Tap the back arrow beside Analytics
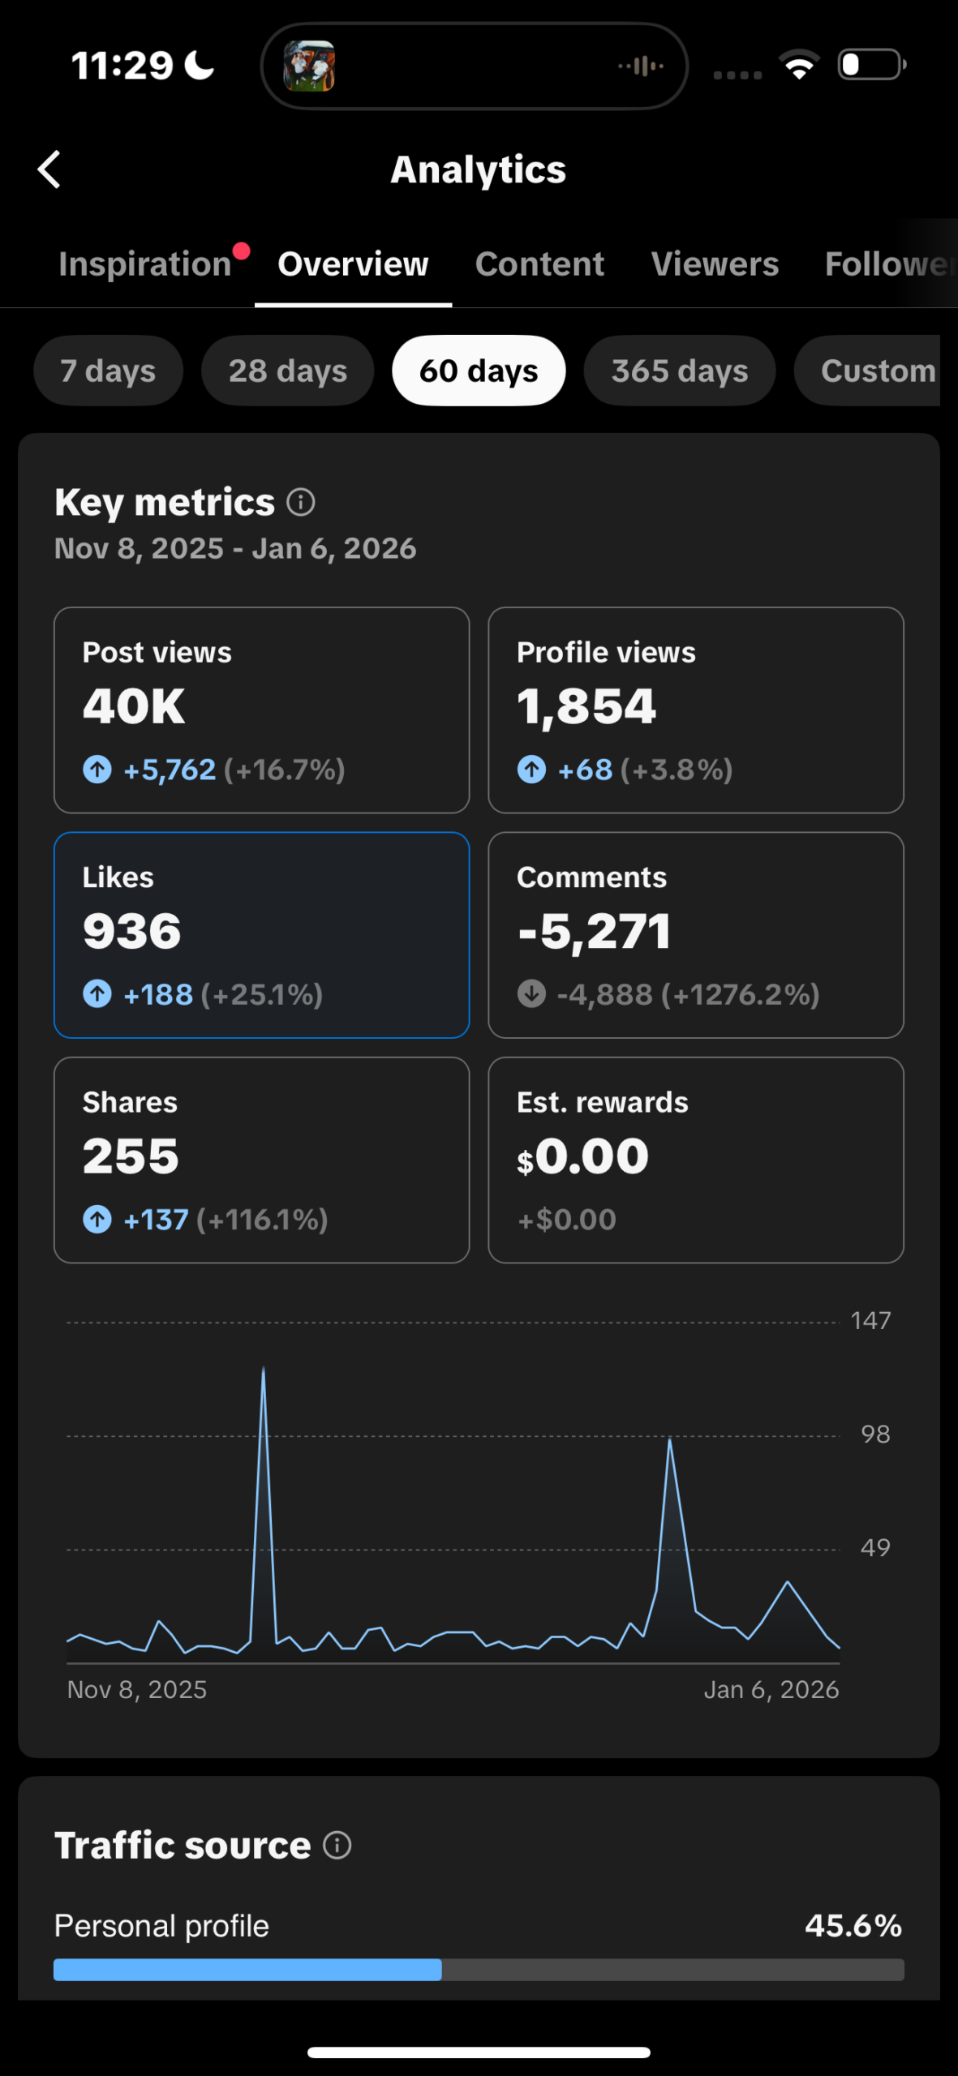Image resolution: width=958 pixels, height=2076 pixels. point(49,169)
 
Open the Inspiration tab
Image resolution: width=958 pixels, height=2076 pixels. point(145,264)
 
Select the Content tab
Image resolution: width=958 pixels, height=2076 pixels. point(539,264)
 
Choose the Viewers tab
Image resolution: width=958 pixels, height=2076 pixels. point(715,264)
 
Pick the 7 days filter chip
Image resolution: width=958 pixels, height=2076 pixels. point(108,371)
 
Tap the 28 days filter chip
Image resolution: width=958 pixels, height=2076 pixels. point(287,371)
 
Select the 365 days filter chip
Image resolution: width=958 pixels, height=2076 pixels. point(679,371)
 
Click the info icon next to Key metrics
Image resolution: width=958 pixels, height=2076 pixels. point(301,503)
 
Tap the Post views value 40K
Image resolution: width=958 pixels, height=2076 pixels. point(134,706)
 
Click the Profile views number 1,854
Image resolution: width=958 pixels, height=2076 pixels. point(586,706)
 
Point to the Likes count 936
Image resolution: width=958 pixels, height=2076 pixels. point(131,931)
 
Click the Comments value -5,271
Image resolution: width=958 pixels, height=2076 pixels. point(595,931)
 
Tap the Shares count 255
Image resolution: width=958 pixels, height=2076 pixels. point(131,1156)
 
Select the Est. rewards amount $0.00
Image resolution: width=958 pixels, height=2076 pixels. point(583,1156)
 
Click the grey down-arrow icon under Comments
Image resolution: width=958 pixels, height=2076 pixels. point(531,993)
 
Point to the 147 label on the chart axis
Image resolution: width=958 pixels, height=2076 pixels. point(870,1321)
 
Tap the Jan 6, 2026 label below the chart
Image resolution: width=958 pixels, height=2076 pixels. point(771,1690)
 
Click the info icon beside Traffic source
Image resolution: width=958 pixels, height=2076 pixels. point(337,1846)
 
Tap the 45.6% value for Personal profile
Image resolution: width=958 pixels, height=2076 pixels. point(853,1926)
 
